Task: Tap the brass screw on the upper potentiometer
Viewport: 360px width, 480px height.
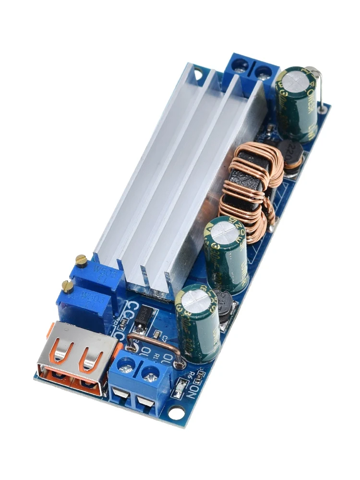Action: pos(82,260)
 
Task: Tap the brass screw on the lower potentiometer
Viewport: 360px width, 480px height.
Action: pos(68,287)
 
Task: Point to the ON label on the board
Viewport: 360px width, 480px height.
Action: pos(192,387)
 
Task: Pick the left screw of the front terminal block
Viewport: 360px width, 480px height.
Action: pos(126,368)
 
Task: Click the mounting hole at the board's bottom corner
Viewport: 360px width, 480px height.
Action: pos(176,412)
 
